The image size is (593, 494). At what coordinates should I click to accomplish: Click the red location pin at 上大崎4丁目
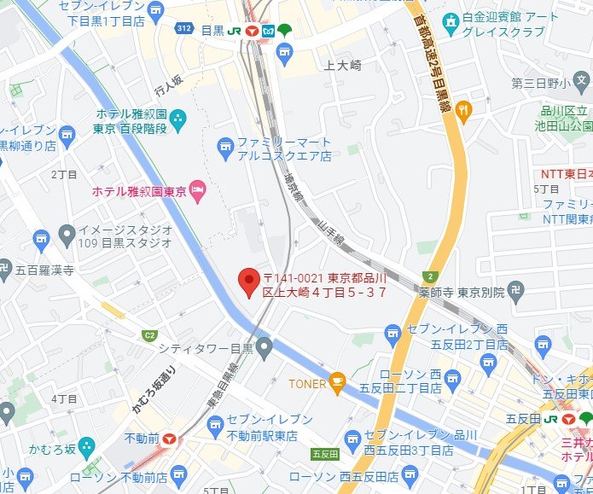pyautogui.click(x=248, y=280)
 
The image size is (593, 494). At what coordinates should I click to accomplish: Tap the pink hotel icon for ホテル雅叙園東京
pyautogui.click(x=198, y=189)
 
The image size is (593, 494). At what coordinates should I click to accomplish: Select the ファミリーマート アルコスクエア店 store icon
pyautogui.click(x=225, y=149)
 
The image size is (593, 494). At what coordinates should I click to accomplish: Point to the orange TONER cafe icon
pyautogui.click(x=338, y=383)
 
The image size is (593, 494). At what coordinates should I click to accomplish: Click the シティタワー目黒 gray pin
pyautogui.click(x=265, y=347)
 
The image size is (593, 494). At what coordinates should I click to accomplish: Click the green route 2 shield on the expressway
pyautogui.click(x=432, y=276)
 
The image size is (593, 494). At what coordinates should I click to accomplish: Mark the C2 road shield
pyautogui.click(x=150, y=335)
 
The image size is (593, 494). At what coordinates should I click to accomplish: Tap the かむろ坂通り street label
pyautogui.click(x=143, y=391)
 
